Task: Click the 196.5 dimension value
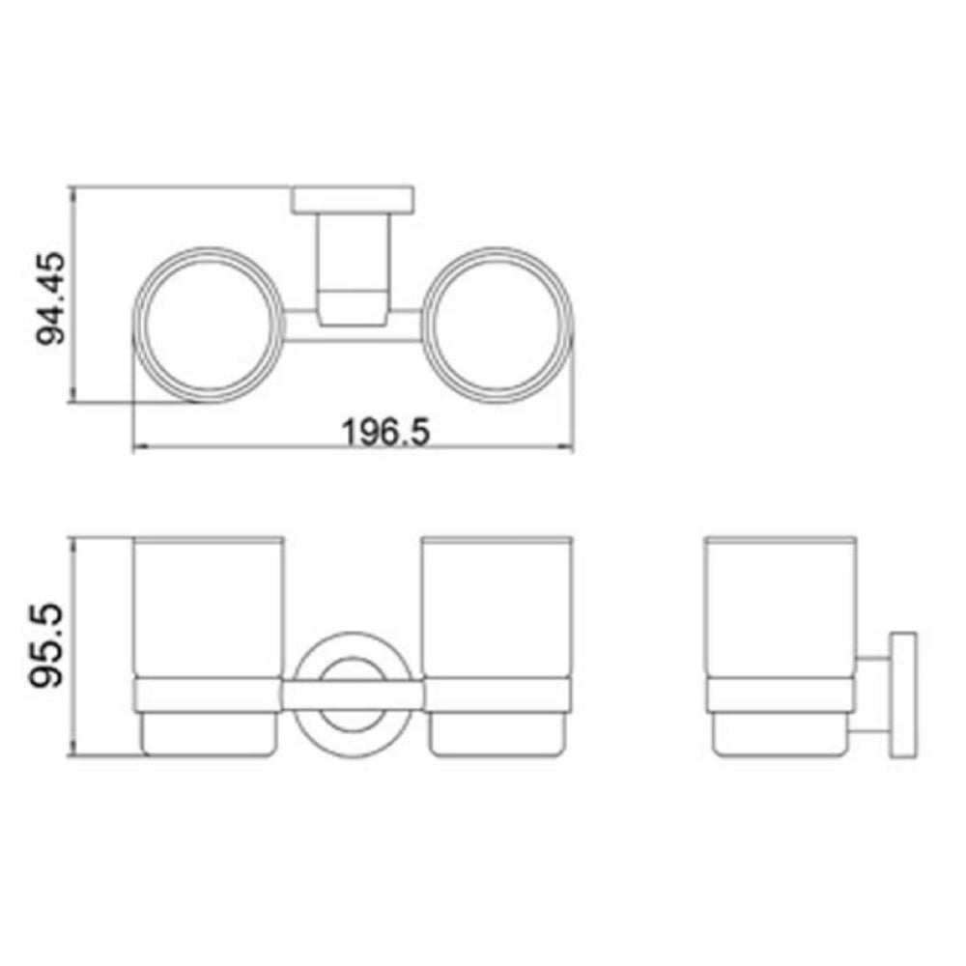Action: [384, 432]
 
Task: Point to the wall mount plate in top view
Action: [354, 200]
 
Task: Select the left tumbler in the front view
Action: [206, 609]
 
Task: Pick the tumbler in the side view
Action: [781, 609]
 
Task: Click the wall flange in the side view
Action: [903, 695]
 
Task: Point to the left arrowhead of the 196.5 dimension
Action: [137, 447]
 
